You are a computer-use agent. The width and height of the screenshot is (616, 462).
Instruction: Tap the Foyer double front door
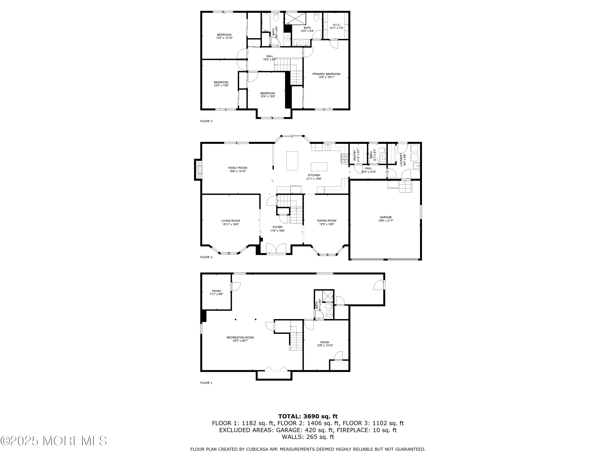pos(276,248)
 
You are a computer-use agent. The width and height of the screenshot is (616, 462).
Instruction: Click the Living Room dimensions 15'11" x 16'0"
pos(231,224)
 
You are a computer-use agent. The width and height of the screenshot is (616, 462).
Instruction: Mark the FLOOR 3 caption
pos(206,121)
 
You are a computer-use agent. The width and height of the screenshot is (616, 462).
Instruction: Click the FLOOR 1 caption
pos(206,383)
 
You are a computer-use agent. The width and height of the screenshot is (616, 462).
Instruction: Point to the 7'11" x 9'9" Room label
pos(216,293)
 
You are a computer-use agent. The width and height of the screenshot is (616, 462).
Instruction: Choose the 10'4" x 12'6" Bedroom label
pos(268,95)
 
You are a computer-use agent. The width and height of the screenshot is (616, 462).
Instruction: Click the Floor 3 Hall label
pos(270,58)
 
